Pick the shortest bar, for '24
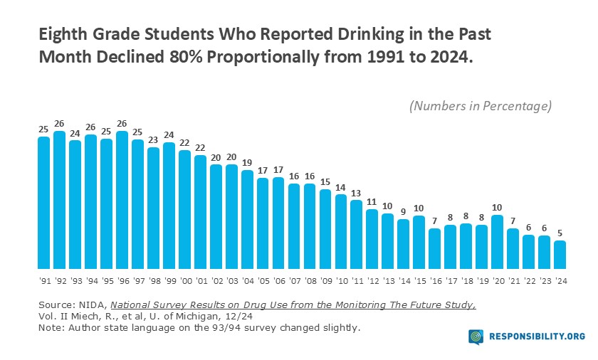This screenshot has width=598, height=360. pos(561,253)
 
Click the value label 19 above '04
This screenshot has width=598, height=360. pos(248,163)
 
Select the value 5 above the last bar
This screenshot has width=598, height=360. pos(561,233)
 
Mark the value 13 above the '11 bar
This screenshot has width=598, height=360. pos(357,193)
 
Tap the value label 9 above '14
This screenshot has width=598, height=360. pos(404,212)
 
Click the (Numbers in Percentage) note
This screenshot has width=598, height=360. pos(481,107)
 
